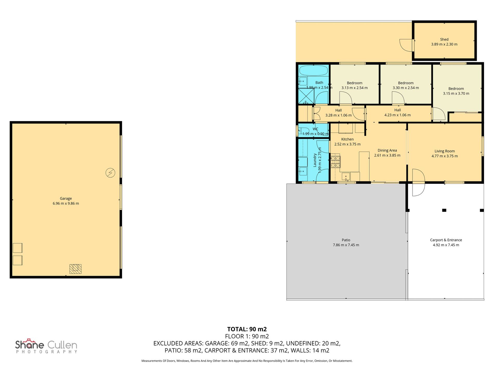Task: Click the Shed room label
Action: [x=444, y=40]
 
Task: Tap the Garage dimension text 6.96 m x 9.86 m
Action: [x=66, y=203]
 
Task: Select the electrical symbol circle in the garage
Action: [x=110, y=173]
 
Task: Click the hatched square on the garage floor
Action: [x=75, y=269]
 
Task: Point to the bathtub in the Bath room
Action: [x=313, y=70]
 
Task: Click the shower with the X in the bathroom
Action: [x=306, y=96]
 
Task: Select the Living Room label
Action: [x=445, y=151]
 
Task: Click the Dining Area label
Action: [x=387, y=150]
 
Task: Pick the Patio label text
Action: [x=346, y=240]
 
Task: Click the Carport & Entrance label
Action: [x=446, y=240]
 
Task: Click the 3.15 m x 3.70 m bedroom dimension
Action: [x=456, y=93]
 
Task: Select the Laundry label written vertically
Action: [x=315, y=160]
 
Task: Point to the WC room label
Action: [x=315, y=129]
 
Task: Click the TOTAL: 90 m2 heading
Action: [x=247, y=329]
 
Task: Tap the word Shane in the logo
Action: [x=29, y=345]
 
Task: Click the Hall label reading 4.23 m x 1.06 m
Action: [x=397, y=115]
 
